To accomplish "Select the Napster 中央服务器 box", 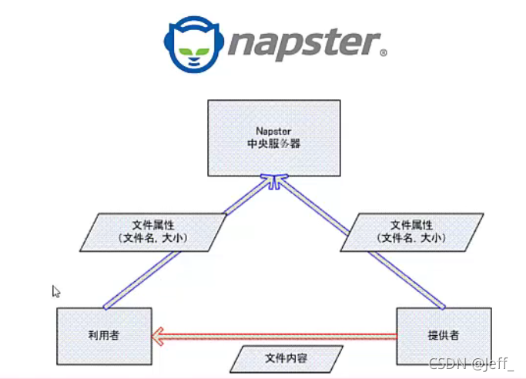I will click(x=273, y=137).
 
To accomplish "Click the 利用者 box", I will click(x=104, y=335).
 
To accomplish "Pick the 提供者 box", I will click(x=443, y=335).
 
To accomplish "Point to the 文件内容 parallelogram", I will click(x=286, y=359).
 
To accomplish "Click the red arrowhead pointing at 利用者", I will click(x=159, y=335).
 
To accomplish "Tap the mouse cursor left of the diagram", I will click(x=55, y=291).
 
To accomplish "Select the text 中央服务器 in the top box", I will click(x=273, y=143).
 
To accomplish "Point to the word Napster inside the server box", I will click(x=273, y=131).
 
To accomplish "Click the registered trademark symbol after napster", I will click(x=383, y=54).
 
